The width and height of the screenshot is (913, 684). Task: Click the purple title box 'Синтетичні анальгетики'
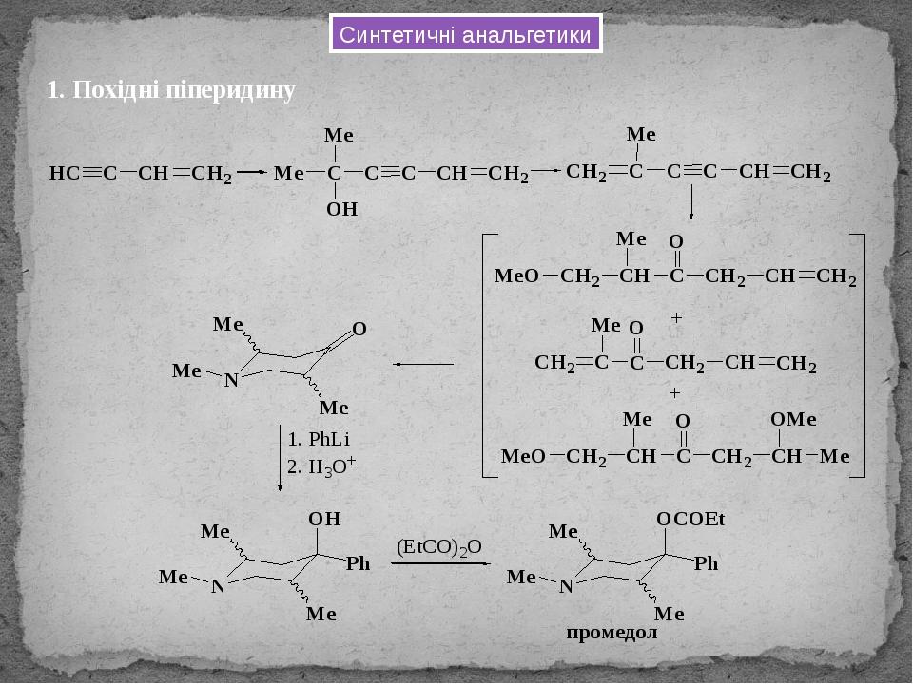[465, 35]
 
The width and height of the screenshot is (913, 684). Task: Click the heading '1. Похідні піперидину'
[171, 90]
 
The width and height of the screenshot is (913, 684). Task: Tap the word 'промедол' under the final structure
[612, 633]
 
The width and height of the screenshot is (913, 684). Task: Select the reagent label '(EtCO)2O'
[439, 547]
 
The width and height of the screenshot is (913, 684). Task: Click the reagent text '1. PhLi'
[319, 439]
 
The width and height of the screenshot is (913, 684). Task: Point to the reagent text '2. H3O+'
[321, 466]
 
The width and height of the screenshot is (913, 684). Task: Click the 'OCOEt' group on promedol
[690, 520]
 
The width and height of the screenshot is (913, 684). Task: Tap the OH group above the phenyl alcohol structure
[324, 519]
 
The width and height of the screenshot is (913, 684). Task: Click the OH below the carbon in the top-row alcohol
[341, 209]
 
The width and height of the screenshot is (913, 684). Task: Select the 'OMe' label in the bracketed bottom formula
[793, 419]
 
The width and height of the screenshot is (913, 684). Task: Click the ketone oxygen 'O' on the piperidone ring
[359, 330]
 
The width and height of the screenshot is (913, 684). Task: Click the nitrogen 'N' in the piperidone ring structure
[232, 380]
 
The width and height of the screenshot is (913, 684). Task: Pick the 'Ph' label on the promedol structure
[706, 563]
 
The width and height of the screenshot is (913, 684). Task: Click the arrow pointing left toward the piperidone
[423, 365]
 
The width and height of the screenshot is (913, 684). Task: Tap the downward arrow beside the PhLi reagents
[280, 458]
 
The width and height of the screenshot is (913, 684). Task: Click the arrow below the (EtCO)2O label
[440, 563]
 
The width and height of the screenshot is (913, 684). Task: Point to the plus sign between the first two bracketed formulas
[676, 318]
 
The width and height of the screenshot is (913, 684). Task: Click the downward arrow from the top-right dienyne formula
[691, 202]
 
